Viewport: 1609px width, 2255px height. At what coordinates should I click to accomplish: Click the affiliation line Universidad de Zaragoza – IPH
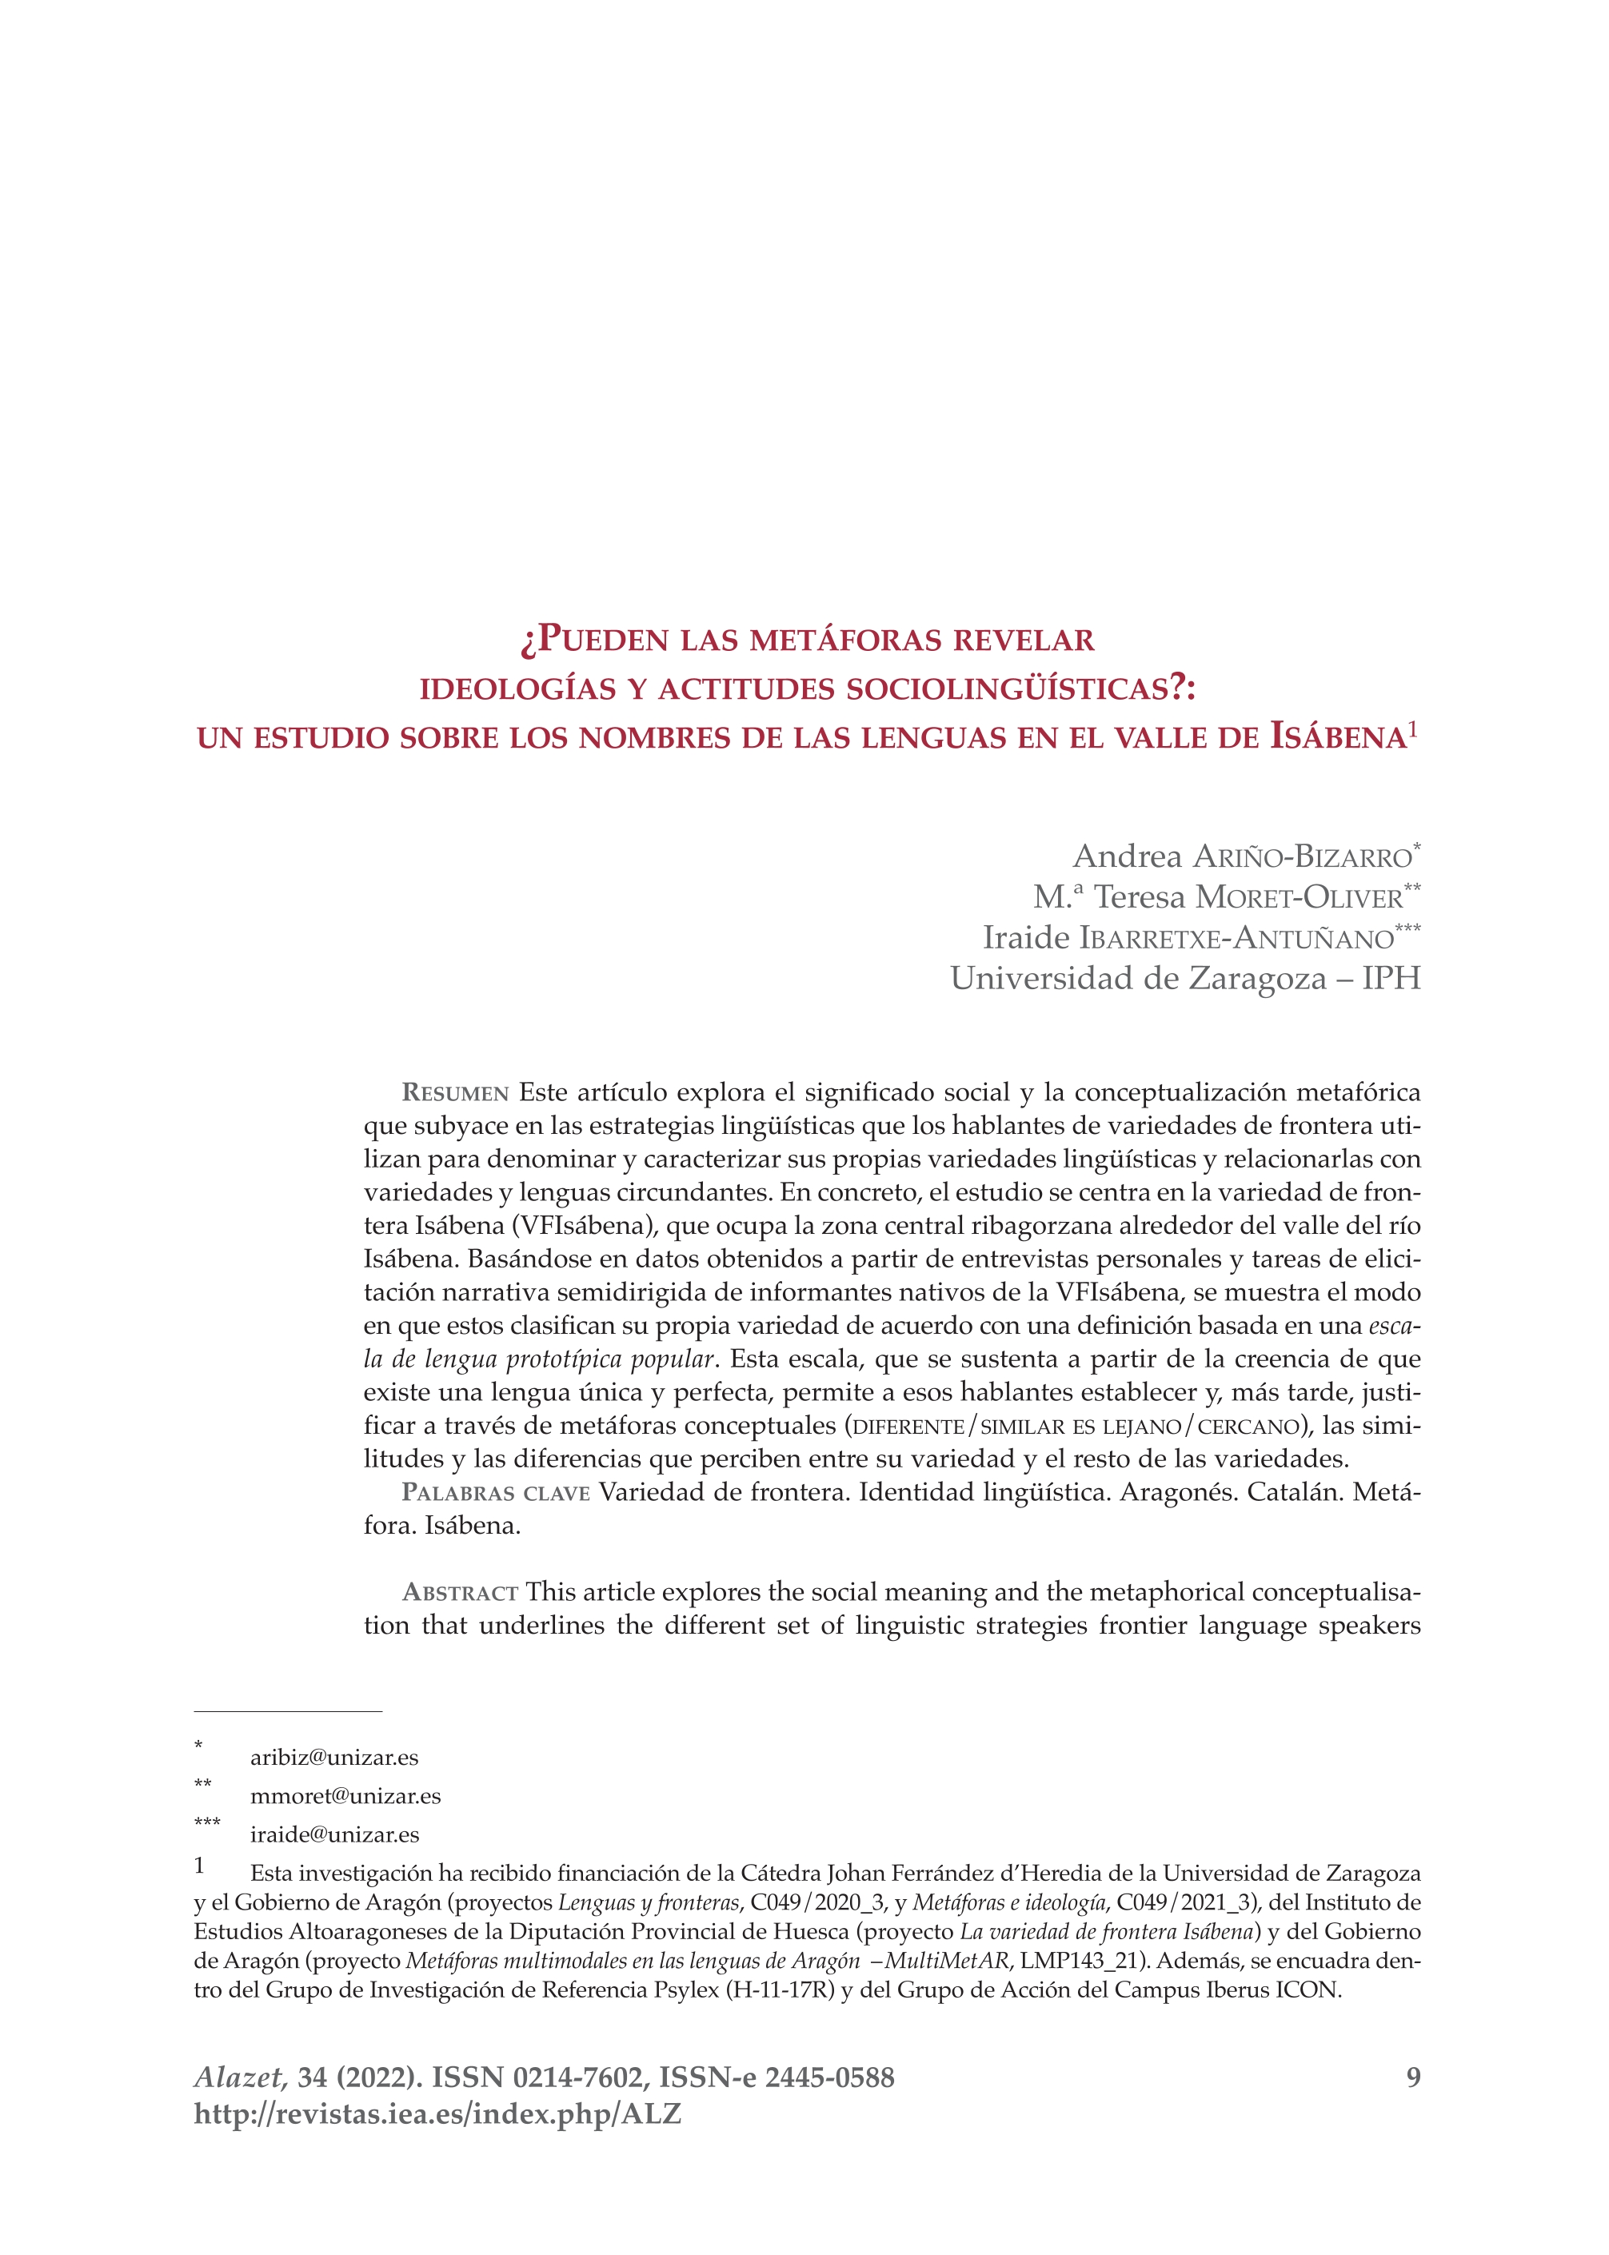click(1185, 979)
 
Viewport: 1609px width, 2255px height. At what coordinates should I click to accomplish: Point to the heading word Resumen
click(455, 1094)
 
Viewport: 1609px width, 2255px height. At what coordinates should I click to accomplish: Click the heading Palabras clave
click(495, 1493)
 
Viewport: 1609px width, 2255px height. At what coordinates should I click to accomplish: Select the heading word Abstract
click(460, 1593)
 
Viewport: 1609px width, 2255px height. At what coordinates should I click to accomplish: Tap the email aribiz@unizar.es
click(334, 1758)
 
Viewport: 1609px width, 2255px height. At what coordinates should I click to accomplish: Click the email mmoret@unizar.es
click(345, 1796)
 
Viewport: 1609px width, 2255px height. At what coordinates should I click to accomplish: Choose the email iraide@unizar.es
click(334, 1835)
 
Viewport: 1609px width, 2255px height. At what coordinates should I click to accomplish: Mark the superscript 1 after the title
click(1414, 730)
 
